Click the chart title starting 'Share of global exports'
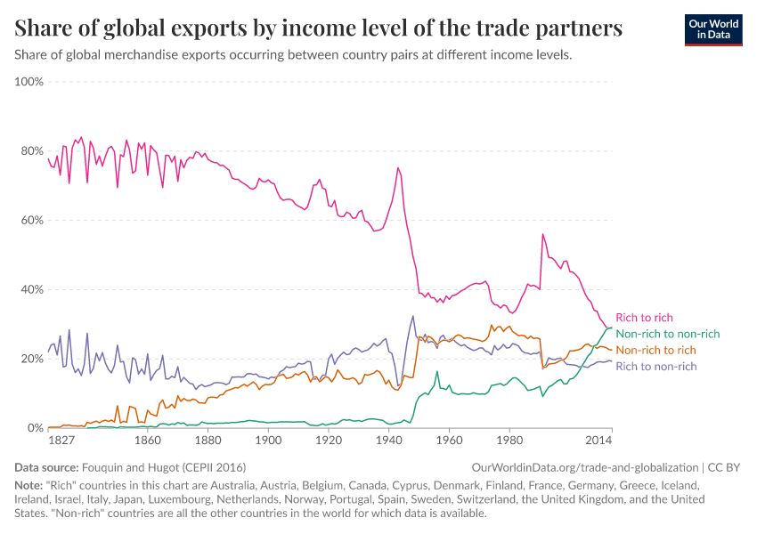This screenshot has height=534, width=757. pyautogui.click(x=318, y=28)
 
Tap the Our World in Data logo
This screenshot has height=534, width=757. pyautogui.click(x=712, y=29)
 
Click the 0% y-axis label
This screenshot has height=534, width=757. pyautogui.click(x=34, y=428)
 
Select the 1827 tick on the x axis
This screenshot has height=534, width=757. pyautogui.click(x=61, y=441)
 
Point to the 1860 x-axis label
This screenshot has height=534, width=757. pyautogui.click(x=147, y=441)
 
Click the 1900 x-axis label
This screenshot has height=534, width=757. pyautogui.click(x=268, y=441)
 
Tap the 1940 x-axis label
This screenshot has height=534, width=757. pyautogui.click(x=388, y=441)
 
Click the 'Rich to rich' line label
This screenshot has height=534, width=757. pyautogui.click(x=644, y=318)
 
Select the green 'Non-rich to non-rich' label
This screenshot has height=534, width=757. pyautogui.click(x=667, y=334)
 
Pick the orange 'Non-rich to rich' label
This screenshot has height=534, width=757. pyautogui.click(x=655, y=350)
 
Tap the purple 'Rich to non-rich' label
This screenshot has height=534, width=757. pyautogui.click(x=655, y=366)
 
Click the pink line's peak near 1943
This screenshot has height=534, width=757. pyautogui.click(x=398, y=168)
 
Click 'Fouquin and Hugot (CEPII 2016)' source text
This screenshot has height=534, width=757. pyautogui.click(x=164, y=467)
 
